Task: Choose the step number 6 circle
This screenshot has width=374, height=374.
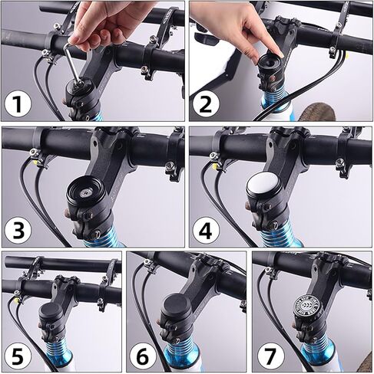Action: [x=142, y=355]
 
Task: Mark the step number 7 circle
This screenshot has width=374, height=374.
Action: [x=268, y=355]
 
